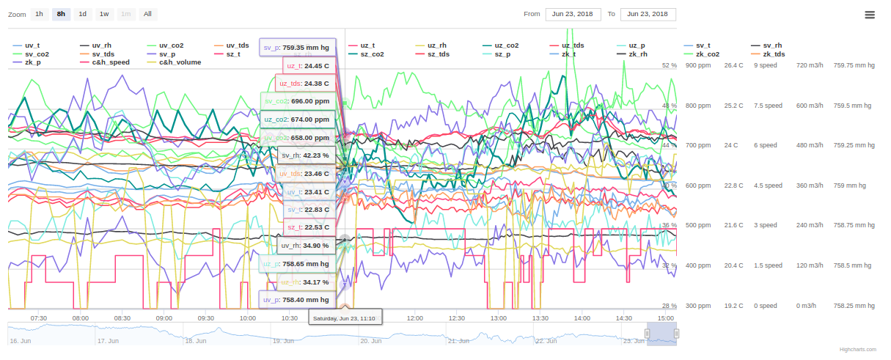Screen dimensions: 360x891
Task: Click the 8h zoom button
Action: [x=61, y=14]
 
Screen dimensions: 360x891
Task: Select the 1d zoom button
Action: [x=83, y=14]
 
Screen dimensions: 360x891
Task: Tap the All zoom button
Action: [x=147, y=14]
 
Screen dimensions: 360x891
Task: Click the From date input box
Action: [x=573, y=14]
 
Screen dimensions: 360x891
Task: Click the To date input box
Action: [x=648, y=14]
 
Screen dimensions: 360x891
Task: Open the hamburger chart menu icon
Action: [x=870, y=15]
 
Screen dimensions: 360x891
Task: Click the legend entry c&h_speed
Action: [x=111, y=62]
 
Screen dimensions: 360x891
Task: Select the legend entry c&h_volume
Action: [x=180, y=62]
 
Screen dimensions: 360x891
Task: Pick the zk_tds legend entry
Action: [x=774, y=54]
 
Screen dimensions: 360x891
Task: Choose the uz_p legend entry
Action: [x=637, y=45]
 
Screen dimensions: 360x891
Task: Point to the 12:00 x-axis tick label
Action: [x=415, y=318]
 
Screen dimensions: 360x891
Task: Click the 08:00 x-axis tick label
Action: [x=81, y=318]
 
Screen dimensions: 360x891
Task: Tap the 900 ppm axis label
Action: [x=698, y=65]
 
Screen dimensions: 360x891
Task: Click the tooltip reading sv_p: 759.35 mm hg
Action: [x=297, y=48]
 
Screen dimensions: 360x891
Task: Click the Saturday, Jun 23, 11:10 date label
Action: [x=344, y=318]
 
